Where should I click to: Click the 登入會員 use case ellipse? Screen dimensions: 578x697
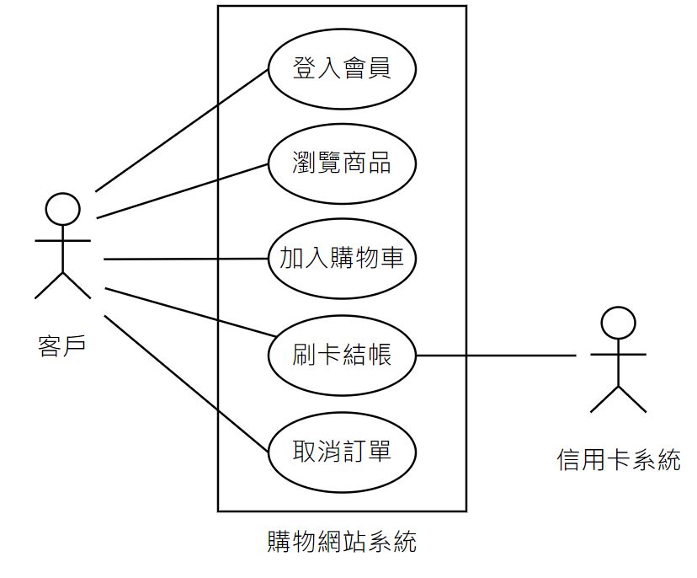tap(342, 68)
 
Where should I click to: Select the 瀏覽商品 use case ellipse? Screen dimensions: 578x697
tap(342, 163)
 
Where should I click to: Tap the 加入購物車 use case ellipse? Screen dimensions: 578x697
tap(342, 258)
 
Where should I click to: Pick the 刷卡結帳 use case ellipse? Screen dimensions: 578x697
tap(342, 355)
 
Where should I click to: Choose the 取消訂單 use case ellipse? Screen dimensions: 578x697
tap(342, 451)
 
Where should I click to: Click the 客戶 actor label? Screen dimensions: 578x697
tap(62, 345)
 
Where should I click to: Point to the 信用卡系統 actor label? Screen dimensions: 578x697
tap(618, 460)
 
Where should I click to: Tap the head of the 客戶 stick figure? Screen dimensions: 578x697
tap(62, 210)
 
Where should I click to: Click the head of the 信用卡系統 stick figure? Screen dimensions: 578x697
tap(618, 323)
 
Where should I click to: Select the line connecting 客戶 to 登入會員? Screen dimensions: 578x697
tap(181, 130)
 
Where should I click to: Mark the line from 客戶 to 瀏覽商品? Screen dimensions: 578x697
tap(181, 190)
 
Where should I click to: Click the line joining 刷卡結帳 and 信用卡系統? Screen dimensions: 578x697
tap(497, 356)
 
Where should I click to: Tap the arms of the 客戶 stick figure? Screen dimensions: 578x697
tap(62, 241)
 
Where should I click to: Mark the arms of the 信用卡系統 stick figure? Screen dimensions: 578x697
tap(618, 355)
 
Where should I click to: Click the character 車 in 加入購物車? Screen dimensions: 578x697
tap(392, 258)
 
